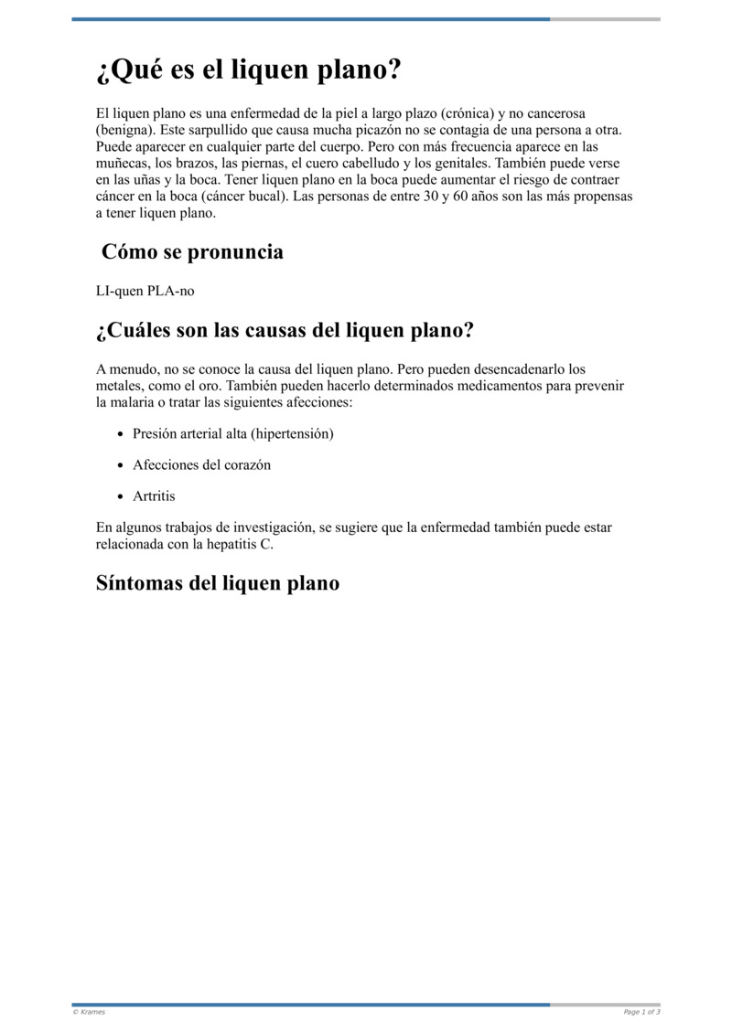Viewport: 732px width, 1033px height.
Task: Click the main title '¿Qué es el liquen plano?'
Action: click(x=249, y=70)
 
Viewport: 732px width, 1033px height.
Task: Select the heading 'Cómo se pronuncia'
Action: click(x=192, y=251)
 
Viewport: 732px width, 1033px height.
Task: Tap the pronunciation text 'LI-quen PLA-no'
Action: click(x=145, y=291)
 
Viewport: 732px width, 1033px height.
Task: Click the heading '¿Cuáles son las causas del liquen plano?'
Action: click(x=285, y=330)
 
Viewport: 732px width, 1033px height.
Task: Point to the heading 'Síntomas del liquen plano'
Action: click(x=218, y=582)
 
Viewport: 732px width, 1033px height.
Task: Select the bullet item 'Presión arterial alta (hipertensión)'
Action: click(x=232, y=433)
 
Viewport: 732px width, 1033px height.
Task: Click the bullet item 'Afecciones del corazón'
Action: click(x=201, y=464)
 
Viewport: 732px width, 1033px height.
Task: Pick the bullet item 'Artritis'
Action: click(x=154, y=495)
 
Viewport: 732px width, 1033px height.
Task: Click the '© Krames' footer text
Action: click(x=89, y=1012)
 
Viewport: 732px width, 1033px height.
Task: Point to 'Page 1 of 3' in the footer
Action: click(x=641, y=1012)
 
